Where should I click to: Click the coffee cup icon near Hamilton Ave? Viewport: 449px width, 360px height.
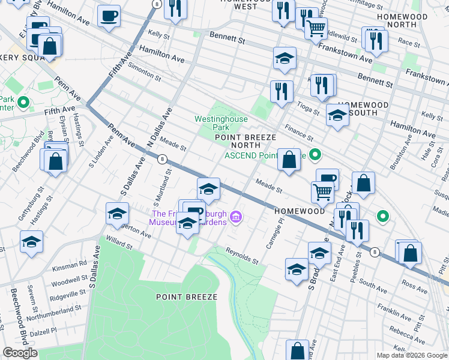[x=109, y=16]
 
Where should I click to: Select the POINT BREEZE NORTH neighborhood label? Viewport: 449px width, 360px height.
[x=246, y=141]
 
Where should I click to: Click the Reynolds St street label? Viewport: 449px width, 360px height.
[x=242, y=256]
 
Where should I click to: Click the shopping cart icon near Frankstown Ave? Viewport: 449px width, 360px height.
[x=316, y=27]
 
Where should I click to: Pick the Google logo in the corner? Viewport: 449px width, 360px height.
[x=20, y=353]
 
